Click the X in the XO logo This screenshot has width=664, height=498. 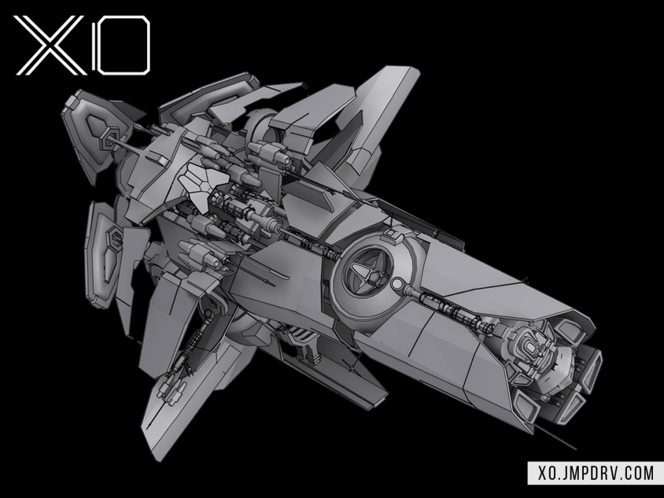coord(50,46)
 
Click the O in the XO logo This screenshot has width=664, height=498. coord(120,46)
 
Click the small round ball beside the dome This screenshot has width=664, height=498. coord(397,283)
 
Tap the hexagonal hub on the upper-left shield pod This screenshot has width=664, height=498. coord(108,140)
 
